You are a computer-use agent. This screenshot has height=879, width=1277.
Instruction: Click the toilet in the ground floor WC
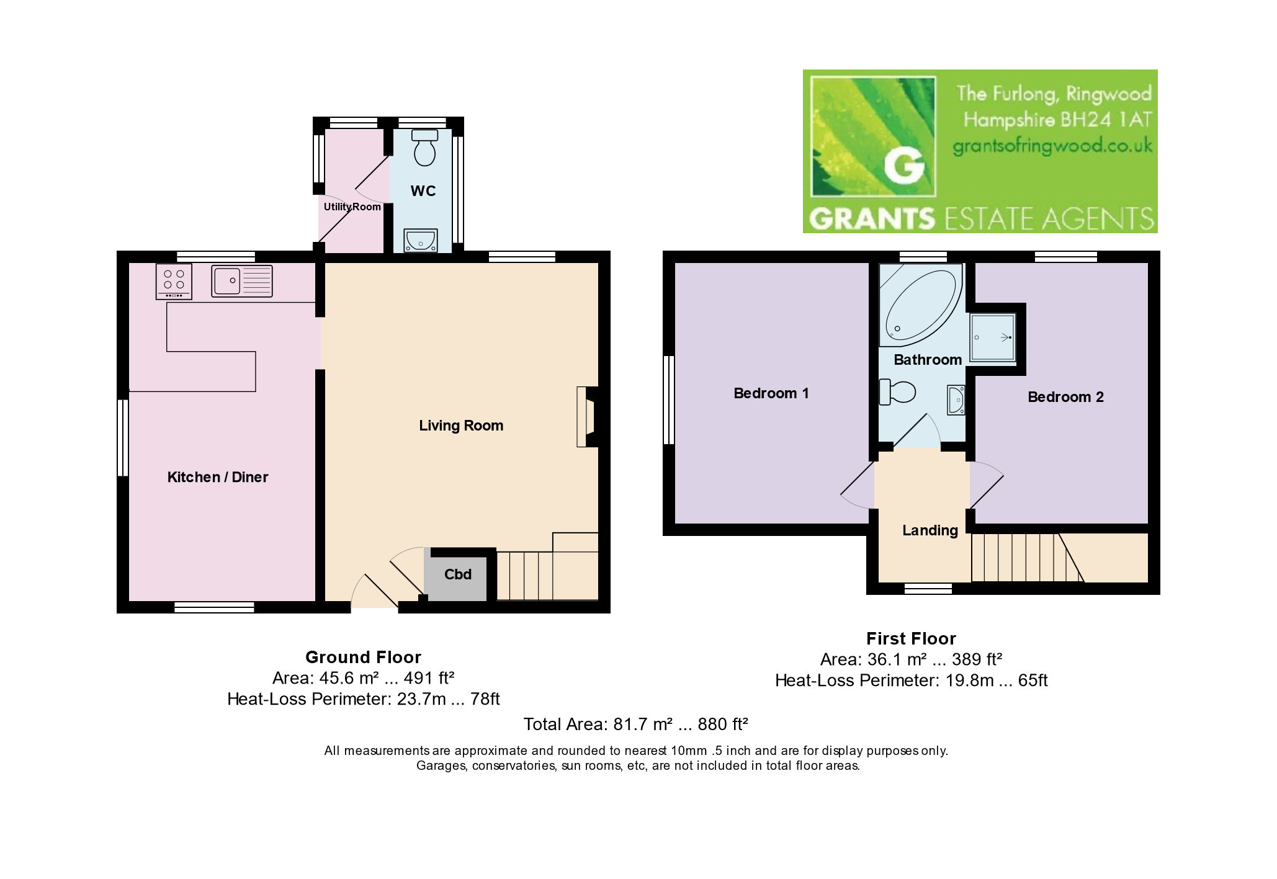(x=425, y=147)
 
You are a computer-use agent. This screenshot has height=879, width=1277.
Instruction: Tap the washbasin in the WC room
(x=421, y=240)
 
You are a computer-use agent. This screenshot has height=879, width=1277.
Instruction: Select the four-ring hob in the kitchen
(x=174, y=282)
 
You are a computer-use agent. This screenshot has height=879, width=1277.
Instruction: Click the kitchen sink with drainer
(x=242, y=281)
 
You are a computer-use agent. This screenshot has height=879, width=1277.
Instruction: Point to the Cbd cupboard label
(x=458, y=574)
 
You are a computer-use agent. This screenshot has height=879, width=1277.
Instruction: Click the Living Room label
(x=461, y=426)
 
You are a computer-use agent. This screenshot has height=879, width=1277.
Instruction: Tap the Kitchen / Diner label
(x=218, y=477)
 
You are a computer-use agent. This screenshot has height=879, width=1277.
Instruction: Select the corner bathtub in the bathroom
(x=921, y=305)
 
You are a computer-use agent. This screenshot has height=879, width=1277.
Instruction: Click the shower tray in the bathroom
(x=993, y=337)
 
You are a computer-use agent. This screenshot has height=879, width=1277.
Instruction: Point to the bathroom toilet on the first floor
(x=898, y=391)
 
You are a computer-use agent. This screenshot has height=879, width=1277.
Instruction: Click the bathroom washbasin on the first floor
(x=956, y=400)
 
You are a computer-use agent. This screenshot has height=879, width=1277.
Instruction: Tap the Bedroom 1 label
(x=771, y=393)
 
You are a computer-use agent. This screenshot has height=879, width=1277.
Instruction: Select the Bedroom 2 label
(x=1066, y=397)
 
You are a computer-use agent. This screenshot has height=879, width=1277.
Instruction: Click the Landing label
(x=930, y=530)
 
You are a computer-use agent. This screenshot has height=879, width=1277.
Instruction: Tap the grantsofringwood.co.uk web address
(x=1052, y=146)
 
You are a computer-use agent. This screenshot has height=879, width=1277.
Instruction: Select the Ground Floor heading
(x=363, y=657)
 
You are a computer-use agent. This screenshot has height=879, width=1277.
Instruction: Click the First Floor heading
(x=911, y=638)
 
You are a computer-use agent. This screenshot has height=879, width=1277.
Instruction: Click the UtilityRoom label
(x=352, y=207)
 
